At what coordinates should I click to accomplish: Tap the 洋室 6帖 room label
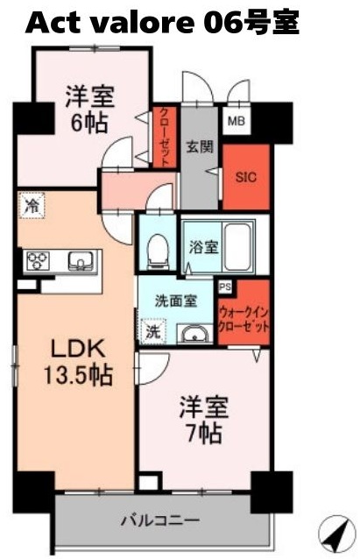[90, 108]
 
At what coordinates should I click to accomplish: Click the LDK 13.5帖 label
[77, 361]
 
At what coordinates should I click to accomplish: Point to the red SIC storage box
[246, 177]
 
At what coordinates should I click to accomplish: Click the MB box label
[236, 121]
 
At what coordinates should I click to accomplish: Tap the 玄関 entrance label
[198, 147]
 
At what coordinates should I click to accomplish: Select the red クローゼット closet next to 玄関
[164, 135]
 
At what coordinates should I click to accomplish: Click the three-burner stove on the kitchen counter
[39, 261]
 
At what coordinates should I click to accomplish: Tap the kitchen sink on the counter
[80, 260]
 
